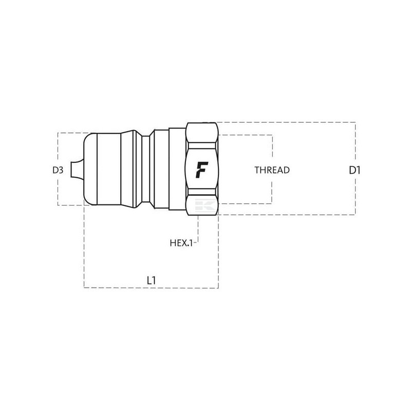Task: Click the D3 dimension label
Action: coord(58,170)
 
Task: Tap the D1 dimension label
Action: coord(355,171)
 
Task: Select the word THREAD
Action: coord(272,170)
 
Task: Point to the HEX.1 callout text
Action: coord(181,243)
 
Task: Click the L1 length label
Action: coord(151,281)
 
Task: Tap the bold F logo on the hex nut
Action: coord(202,170)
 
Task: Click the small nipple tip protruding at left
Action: coord(77,170)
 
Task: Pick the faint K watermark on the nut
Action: coord(206,205)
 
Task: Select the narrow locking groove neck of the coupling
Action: coord(146,169)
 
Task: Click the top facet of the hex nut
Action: coord(202,133)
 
